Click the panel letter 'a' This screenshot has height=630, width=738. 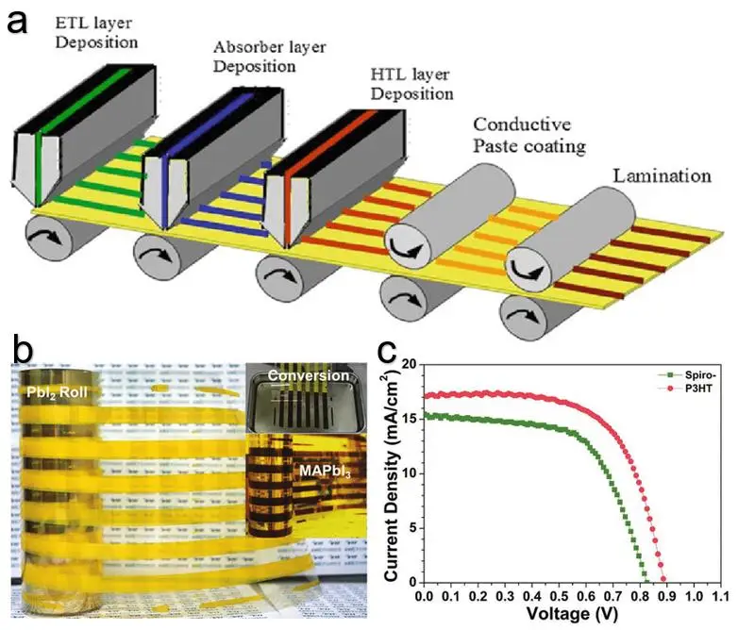tap(17, 22)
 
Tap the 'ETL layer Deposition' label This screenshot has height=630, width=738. tap(96, 32)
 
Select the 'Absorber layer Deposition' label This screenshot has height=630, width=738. tap(269, 57)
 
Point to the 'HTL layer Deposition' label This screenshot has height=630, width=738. tap(411, 84)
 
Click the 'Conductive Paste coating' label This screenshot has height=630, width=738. tap(529, 135)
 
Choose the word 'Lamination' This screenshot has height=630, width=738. tap(662, 176)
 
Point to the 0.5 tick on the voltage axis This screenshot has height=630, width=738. tap(559, 597)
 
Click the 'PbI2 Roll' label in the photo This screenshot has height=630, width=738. tap(57, 392)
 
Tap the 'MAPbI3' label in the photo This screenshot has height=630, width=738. tap(326, 471)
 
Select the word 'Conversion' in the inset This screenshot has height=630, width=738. tap(309, 375)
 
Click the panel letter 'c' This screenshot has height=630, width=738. tap(386, 352)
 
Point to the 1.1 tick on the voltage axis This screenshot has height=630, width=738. tap(721, 597)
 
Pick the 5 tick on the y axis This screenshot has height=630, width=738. tap(412, 528)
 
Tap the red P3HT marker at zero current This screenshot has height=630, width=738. tap(663, 579)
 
